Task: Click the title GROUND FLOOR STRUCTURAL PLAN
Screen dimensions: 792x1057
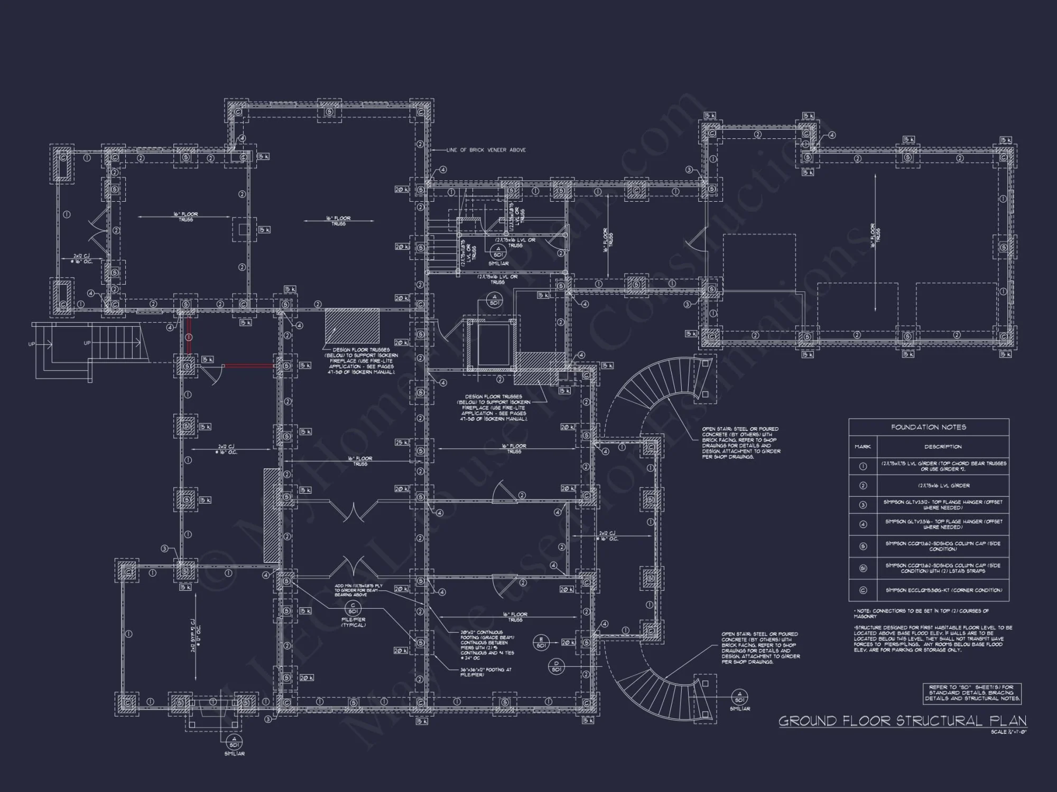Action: tap(902, 721)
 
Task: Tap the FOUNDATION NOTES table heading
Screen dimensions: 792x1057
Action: tap(929, 427)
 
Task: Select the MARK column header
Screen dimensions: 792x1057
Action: tap(863, 447)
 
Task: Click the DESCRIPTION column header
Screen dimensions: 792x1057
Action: tap(943, 447)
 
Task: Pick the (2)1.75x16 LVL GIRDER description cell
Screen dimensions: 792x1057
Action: tap(943, 485)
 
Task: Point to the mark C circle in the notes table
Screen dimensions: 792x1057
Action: tap(863, 590)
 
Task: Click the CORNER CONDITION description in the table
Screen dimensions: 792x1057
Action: tap(943, 590)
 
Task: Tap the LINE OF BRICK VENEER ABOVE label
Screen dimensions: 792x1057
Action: tap(486, 150)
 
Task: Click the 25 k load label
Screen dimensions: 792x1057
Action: tap(401, 442)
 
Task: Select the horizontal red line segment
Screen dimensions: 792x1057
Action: tap(248, 365)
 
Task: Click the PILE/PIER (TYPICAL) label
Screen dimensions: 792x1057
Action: tap(353, 623)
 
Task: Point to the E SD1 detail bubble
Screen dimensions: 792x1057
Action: tap(541, 643)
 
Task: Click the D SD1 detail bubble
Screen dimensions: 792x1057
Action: tap(557, 666)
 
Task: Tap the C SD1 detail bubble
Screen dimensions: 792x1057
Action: tap(353, 608)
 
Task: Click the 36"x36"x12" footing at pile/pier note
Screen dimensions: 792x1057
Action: tap(486, 672)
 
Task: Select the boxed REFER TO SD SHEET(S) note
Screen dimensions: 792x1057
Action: tap(972, 693)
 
